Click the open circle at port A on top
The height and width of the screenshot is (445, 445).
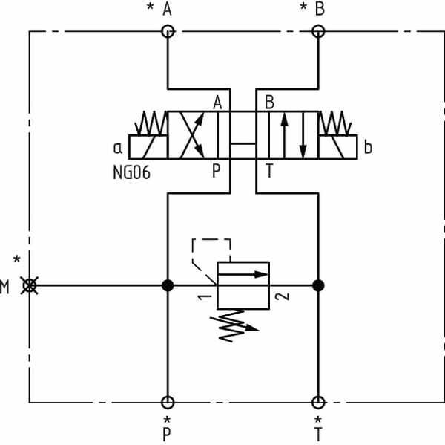(x=168, y=31)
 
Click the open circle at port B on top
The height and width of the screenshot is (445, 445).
(x=318, y=31)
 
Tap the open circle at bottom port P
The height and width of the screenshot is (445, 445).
(x=168, y=403)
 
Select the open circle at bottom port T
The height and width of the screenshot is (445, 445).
(x=318, y=403)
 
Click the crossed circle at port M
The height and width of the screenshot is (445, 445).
(x=30, y=285)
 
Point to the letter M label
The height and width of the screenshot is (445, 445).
(x=6, y=287)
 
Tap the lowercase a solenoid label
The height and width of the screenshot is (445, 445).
(x=119, y=147)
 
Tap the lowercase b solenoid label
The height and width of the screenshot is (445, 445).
(x=368, y=147)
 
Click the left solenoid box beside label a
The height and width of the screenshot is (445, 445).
(x=148, y=146)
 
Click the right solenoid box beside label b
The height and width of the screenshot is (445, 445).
(x=338, y=146)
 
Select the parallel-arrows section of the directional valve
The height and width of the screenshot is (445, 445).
(x=293, y=135)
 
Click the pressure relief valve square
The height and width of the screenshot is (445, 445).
(x=243, y=285)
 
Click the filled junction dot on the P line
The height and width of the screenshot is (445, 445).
(x=168, y=285)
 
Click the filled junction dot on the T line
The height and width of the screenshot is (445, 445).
(x=318, y=285)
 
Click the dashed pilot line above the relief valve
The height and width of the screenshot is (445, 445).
(x=211, y=240)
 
